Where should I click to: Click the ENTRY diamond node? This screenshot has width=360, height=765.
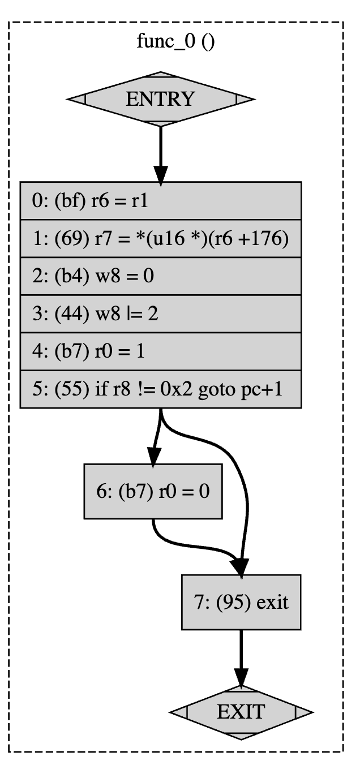(x=160, y=99)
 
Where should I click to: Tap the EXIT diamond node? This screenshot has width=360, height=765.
(x=241, y=711)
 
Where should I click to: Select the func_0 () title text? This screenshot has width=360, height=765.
(x=175, y=42)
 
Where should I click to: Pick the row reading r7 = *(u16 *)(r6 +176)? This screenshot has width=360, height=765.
(x=160, y=239)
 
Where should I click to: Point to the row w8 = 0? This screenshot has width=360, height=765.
(x=160, y=276)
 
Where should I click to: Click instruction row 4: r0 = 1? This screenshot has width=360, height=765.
(x=160, y=351)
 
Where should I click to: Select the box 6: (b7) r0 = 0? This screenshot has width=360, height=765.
(x=152, y=491)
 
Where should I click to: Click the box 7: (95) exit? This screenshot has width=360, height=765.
(x=241, y=602)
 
